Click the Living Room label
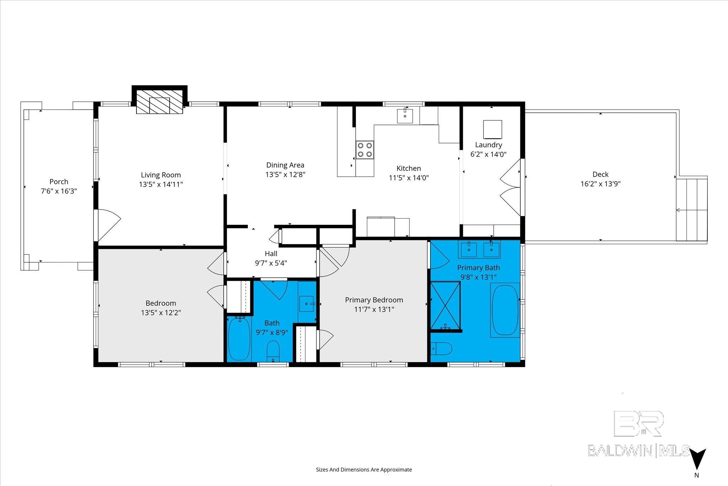[x=161, y=175]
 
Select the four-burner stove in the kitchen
[x=365, y=149]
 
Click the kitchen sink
[x=405, y=116]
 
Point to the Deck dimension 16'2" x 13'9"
[x=600, y=184]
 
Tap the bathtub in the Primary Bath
[x=505, y=310]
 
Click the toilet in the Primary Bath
[x=441, y=349]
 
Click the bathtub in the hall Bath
[x=239, y=339]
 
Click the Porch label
[x=59, y=181]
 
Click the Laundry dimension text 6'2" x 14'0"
[x=488, y=154]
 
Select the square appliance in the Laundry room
[x=492, y=130]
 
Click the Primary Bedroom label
[x=374, y=300]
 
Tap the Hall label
[x=271, y=254]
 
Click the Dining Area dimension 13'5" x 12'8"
[x=285, y=174]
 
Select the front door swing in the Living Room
[x=108, y=225]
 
